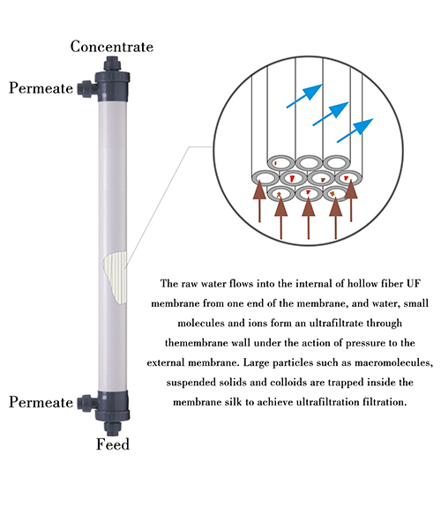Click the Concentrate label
click(112, 46)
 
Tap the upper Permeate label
click(41, 88)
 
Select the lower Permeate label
click(41, 402)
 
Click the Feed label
click(113, 444)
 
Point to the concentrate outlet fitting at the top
click(112, 63)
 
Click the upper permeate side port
click(86, 89)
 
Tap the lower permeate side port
click(87, 403)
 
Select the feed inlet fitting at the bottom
click(112, 428)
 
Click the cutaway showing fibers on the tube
click(115, 277)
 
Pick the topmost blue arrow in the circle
click(304, 96)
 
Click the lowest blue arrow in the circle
click(355, 130)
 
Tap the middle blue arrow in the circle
click(331, 114)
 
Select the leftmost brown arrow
click(259, 201)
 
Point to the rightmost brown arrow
click(351, 200)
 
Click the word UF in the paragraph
click(414, 284)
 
